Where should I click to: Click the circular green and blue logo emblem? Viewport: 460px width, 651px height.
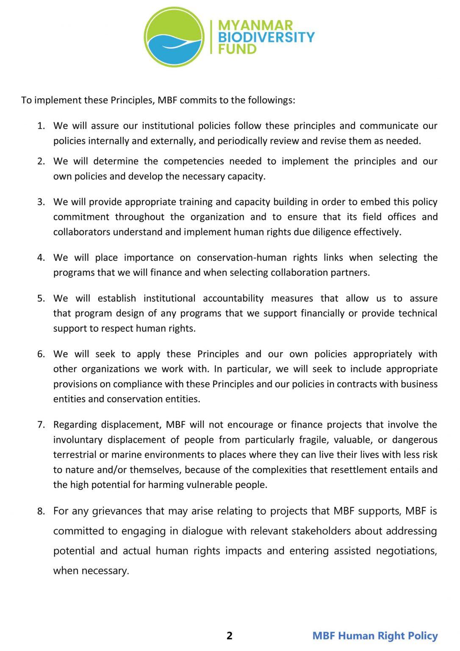pyautogui.click(x=174, y=37)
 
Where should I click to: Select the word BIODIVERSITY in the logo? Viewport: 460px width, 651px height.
pyautogui.click(x=266, y=37)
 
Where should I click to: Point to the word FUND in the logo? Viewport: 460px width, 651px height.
pyautogui.click(x=237, y=49)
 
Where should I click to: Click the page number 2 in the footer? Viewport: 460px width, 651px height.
pyautogui.click(x=230, y=635)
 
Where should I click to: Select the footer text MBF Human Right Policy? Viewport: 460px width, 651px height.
pyautogui.click(x=375, y=635)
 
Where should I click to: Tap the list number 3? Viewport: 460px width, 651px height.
pyautogui.click(x=41, y=202)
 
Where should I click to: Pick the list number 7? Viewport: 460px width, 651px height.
pyautogui.click(x=41, y=425)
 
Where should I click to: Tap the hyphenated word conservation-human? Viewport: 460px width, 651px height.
pyautogui.click(x=242, y=257)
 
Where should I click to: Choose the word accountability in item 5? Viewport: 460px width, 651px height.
pyautogui.click(x=233, y=298)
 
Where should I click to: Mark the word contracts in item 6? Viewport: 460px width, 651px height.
pyautogui.click(x=348, y=384)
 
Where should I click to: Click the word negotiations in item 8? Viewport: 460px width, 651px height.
pyautogui.click(x=407, y=551)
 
